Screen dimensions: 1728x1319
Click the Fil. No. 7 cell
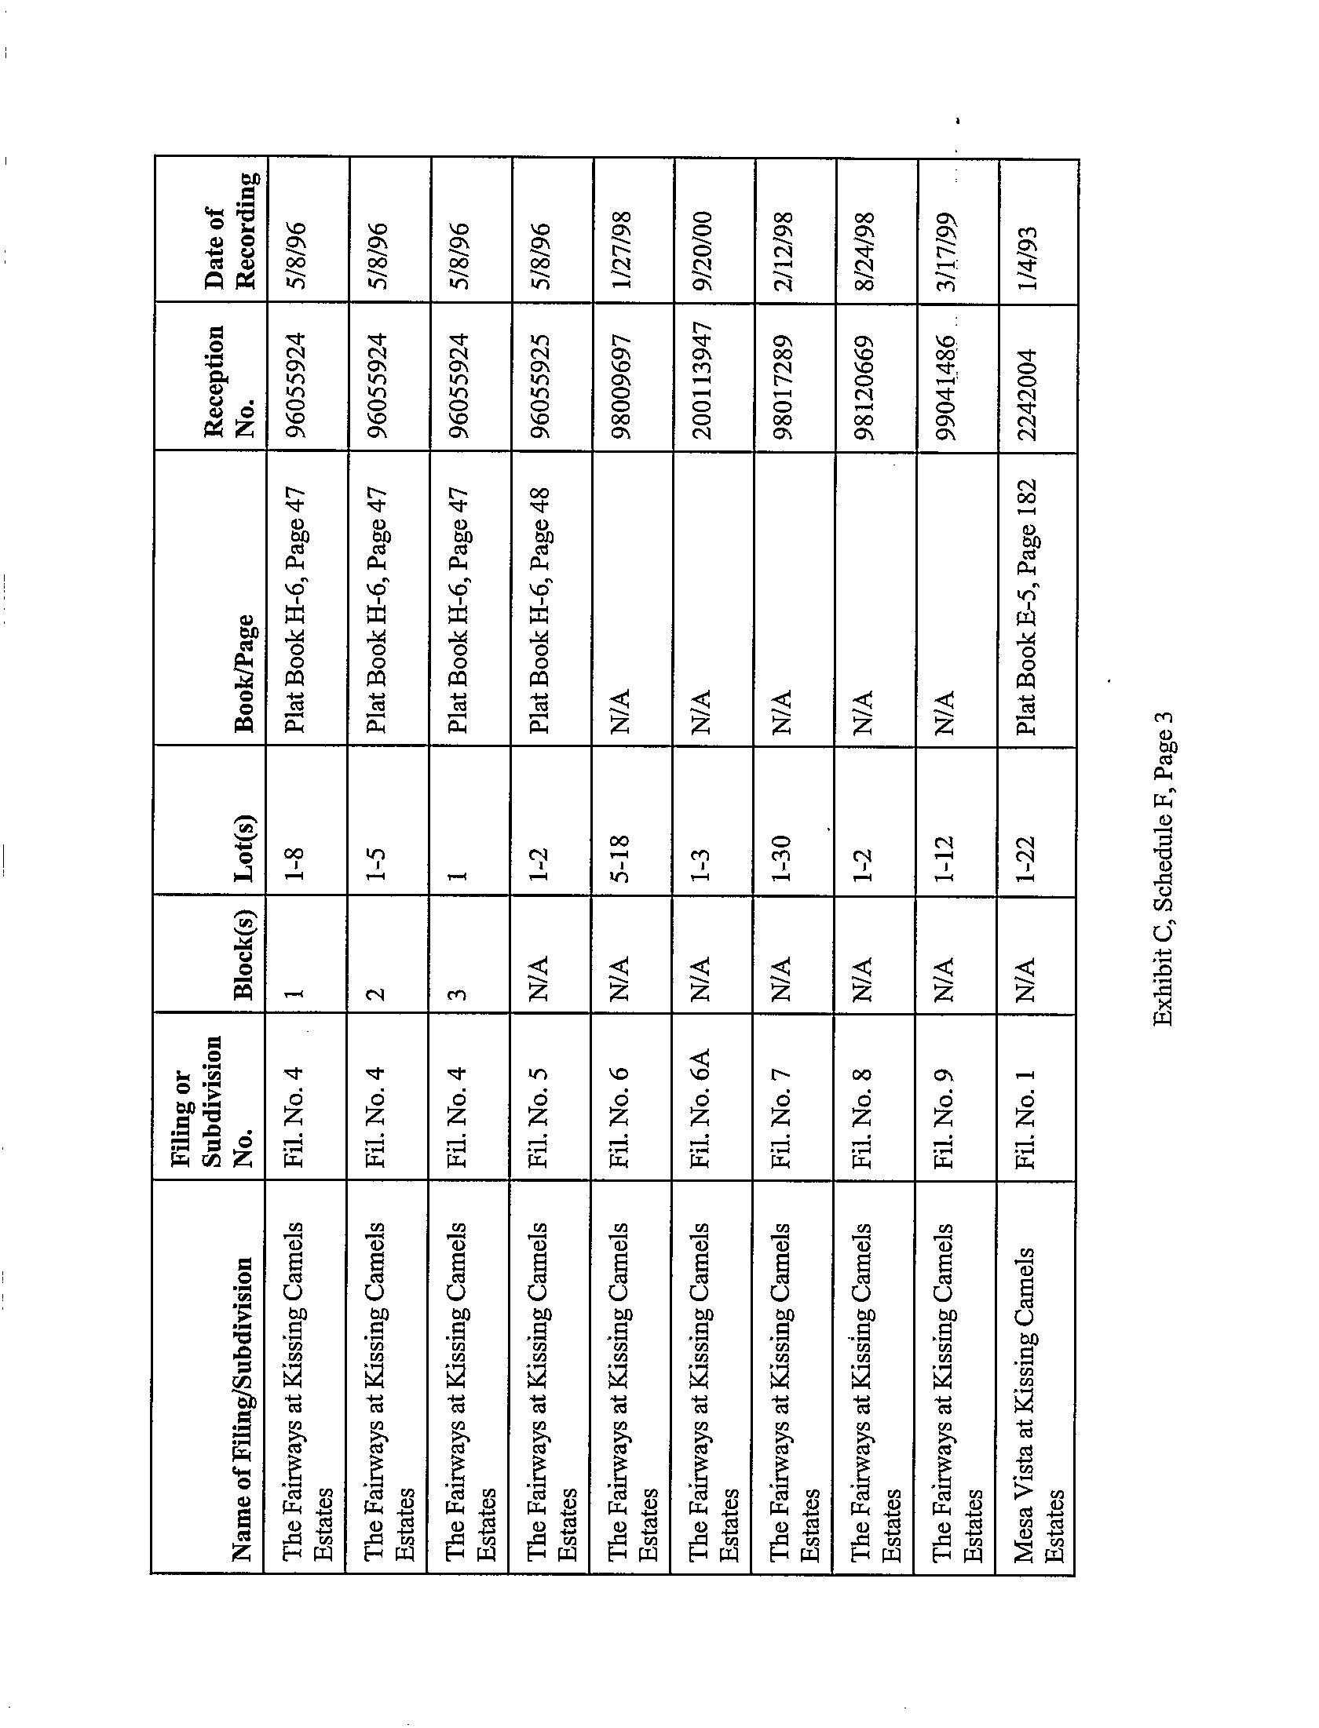[782, 1119]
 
